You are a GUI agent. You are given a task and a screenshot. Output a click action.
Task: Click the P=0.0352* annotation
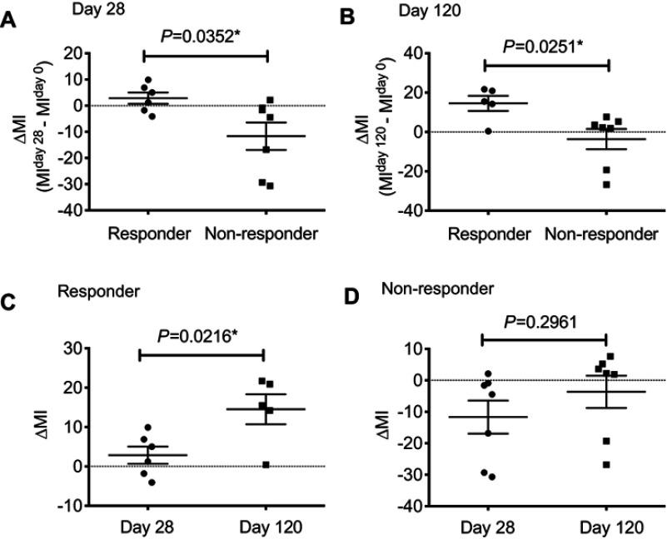[x=205, y=36]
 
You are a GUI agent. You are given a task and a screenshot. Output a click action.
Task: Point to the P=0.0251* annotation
[x=546, y=42]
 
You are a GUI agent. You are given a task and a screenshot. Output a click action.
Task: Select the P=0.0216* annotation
[x=201, y=335]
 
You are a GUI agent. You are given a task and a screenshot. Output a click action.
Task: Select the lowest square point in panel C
[x=266, y=464]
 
